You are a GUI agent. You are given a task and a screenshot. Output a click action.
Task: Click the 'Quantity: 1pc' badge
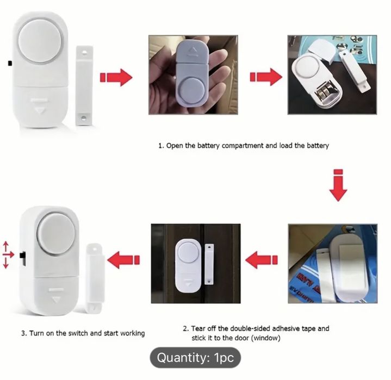[195, 358]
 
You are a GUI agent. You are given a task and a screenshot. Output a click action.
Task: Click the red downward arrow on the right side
[338, 185]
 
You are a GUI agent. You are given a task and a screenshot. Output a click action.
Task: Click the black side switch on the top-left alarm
[10, 63]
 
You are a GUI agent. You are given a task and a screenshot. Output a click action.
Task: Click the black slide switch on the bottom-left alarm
[22, 259]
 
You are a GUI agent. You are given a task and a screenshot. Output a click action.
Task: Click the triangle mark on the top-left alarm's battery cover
[39, 110]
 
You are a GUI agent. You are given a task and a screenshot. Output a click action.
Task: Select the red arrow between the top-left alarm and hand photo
[116, 77]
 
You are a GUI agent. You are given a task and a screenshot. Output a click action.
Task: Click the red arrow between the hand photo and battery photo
[266, 77]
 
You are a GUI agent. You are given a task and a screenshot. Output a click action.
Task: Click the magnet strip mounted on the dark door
[209, 264]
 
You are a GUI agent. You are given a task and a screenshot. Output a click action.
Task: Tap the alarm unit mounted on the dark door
[188, 266]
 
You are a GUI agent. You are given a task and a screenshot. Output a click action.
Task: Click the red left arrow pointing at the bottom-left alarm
[123, 260]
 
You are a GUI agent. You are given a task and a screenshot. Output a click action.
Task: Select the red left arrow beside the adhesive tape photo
[262, 260]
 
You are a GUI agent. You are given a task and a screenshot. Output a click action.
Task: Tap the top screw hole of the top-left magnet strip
[85, 52]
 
